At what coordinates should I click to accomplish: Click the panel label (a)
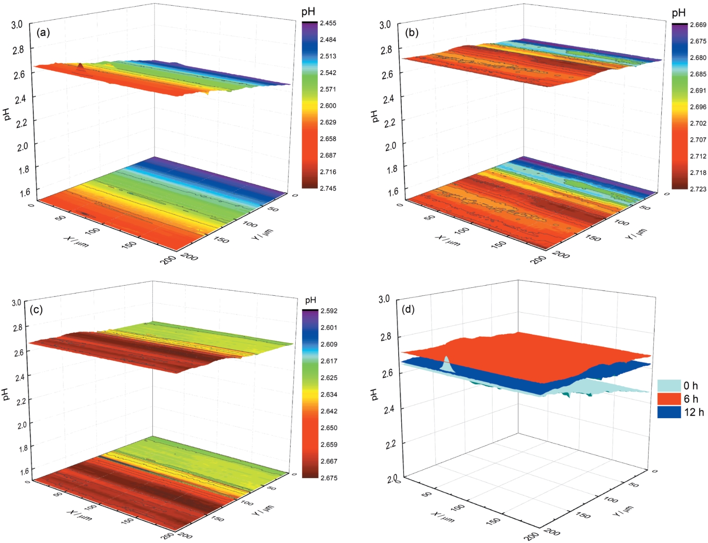(x=43, y=32)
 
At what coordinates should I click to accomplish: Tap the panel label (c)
(x=36, y=309)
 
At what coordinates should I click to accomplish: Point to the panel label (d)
(x=407, y=309)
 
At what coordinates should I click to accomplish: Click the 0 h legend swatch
(x=668, y=385)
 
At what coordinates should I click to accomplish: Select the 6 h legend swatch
(x=668, y=399)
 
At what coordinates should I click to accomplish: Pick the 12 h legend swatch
(x=668, y=412)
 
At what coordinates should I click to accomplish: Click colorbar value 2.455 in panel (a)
(x=328, y=23)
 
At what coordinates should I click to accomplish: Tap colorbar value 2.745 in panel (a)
(x=328, y=188)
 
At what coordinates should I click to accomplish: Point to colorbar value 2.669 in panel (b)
(x=698, y=25)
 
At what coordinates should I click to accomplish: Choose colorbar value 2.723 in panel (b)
(x=698, y=189)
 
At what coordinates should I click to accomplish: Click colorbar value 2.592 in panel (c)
(x=329, y=311)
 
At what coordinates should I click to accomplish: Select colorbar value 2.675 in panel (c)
(x=329, y=478)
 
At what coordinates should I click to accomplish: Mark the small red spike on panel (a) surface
(x=80, y=67)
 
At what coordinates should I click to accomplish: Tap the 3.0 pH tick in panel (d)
(x=384, y=299)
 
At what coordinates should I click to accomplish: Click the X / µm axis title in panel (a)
(x=76, y=241)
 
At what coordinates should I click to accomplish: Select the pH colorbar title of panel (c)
(x=311, y=300)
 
